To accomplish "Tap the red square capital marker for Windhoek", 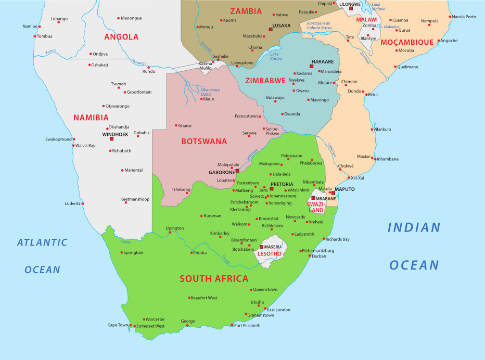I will [x=111, y=139].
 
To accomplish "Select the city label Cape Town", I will [x=118, y=325].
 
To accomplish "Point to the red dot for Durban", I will [x=310, y=256].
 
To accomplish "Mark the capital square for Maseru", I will [x=261, y=247].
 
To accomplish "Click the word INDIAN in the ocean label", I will [x=414, y=227].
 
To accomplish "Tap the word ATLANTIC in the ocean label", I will [x=42, y=242].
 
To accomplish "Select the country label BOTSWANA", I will [x=204, y=142].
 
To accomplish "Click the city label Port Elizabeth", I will [x=247, y=326].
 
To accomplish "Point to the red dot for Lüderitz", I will [x=83, y=203].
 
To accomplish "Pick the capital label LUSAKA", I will [x=282, y=25].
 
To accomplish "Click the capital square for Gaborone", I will [x=237, y=171].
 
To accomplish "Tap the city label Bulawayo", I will [x=275, y=97].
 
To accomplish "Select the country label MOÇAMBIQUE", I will [x=407, y=42].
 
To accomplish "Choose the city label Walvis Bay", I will [x=85, y=146].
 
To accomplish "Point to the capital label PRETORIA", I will [x=282, y=184].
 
